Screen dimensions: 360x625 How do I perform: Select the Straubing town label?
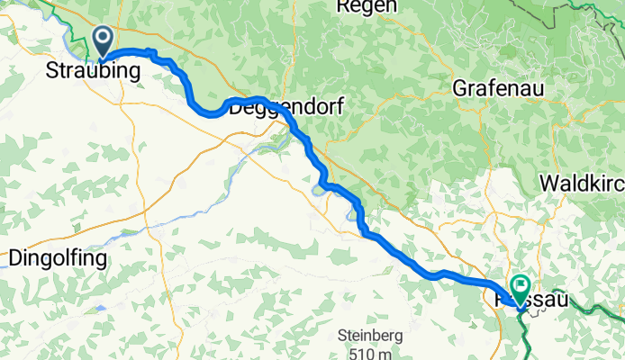93,72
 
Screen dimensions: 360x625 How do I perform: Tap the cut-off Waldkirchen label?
581,183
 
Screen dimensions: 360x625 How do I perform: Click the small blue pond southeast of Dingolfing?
101,308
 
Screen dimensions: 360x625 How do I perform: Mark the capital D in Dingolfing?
14,258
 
